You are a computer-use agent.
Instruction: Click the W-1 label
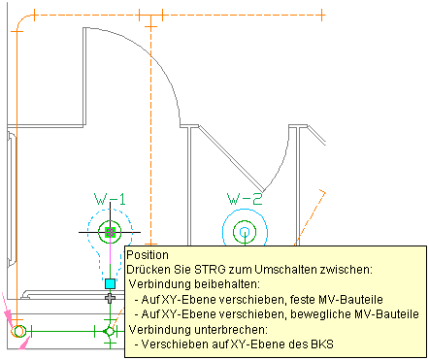click(110, 200)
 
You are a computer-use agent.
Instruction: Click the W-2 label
click(245, 199)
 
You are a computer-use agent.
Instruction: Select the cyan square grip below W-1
click(111, 283)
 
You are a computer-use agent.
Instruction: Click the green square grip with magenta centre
click(111, 232)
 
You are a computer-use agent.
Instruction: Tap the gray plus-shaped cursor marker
click(111, 298)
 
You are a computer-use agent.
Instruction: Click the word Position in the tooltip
click(148, 255)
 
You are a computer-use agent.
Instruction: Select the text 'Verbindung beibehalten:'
click(194, 284)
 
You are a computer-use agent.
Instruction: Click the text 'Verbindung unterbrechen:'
click(198, 330)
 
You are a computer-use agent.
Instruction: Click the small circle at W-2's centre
click(245, 232)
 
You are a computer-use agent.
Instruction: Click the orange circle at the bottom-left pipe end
click(18, 331)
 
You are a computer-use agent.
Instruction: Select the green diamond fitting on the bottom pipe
click(110, 332)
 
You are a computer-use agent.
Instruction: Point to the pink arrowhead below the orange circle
click(24, 344)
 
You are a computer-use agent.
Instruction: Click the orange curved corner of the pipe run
click(22, 20)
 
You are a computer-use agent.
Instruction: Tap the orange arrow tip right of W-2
click(324, 193)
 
